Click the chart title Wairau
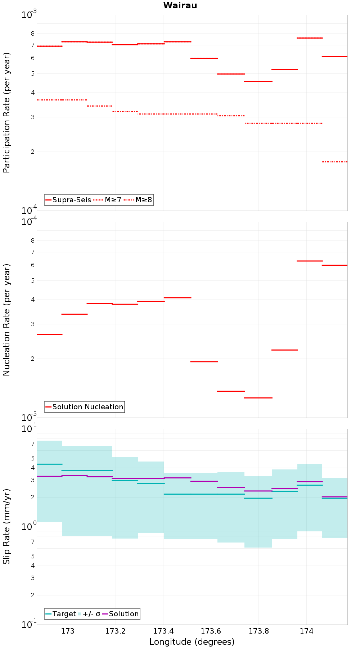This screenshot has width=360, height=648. (x=180, y=5)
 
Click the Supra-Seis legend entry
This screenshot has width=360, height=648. (x=68, y=200)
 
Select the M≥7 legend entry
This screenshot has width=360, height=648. (x=107, y=200)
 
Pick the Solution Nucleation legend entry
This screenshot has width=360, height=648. (x=84, y=407)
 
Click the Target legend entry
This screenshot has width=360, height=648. (x=61, y=614)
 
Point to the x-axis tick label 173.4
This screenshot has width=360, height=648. (x=163, y=631)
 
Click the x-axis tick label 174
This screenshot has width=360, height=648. (x=306, y=631)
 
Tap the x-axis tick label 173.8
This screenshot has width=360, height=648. (x=258, y=631)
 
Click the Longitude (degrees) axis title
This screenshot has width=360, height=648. (x=192, y=642)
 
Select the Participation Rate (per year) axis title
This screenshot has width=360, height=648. (x=6, y=113)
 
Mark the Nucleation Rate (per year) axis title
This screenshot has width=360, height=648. (x=6, y=320)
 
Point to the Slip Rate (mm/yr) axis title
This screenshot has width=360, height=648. (x=6, y=526)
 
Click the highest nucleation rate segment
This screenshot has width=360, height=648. (x=310, y=261)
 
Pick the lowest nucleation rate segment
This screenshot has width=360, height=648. (x=258, y=398)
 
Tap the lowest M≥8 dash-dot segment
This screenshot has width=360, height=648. (x=335, y=162)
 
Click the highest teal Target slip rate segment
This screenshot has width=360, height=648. (x=49, y=464)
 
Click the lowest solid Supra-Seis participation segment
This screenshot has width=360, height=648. (x=258, y=81)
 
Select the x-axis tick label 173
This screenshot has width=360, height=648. (x=68, y=631)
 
